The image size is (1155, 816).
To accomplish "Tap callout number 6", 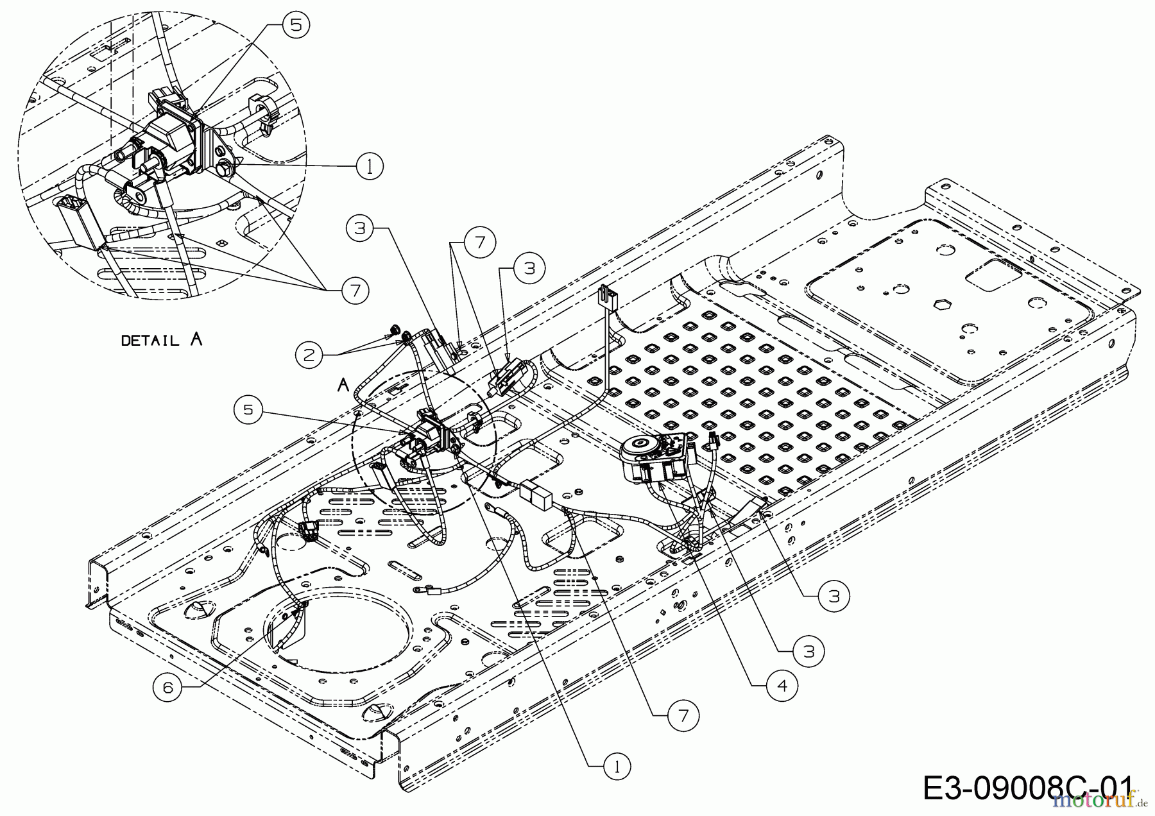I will (x=167, y=687).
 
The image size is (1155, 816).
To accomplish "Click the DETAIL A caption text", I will (x=162, y=339).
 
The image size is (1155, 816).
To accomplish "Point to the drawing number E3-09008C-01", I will (x=1027, y=788).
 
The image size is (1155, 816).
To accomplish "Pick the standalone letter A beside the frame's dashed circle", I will (x=343, y=385).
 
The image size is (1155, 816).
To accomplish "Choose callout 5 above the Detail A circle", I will (x=295, y=25).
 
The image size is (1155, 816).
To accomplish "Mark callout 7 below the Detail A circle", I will (x=354, y=291).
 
